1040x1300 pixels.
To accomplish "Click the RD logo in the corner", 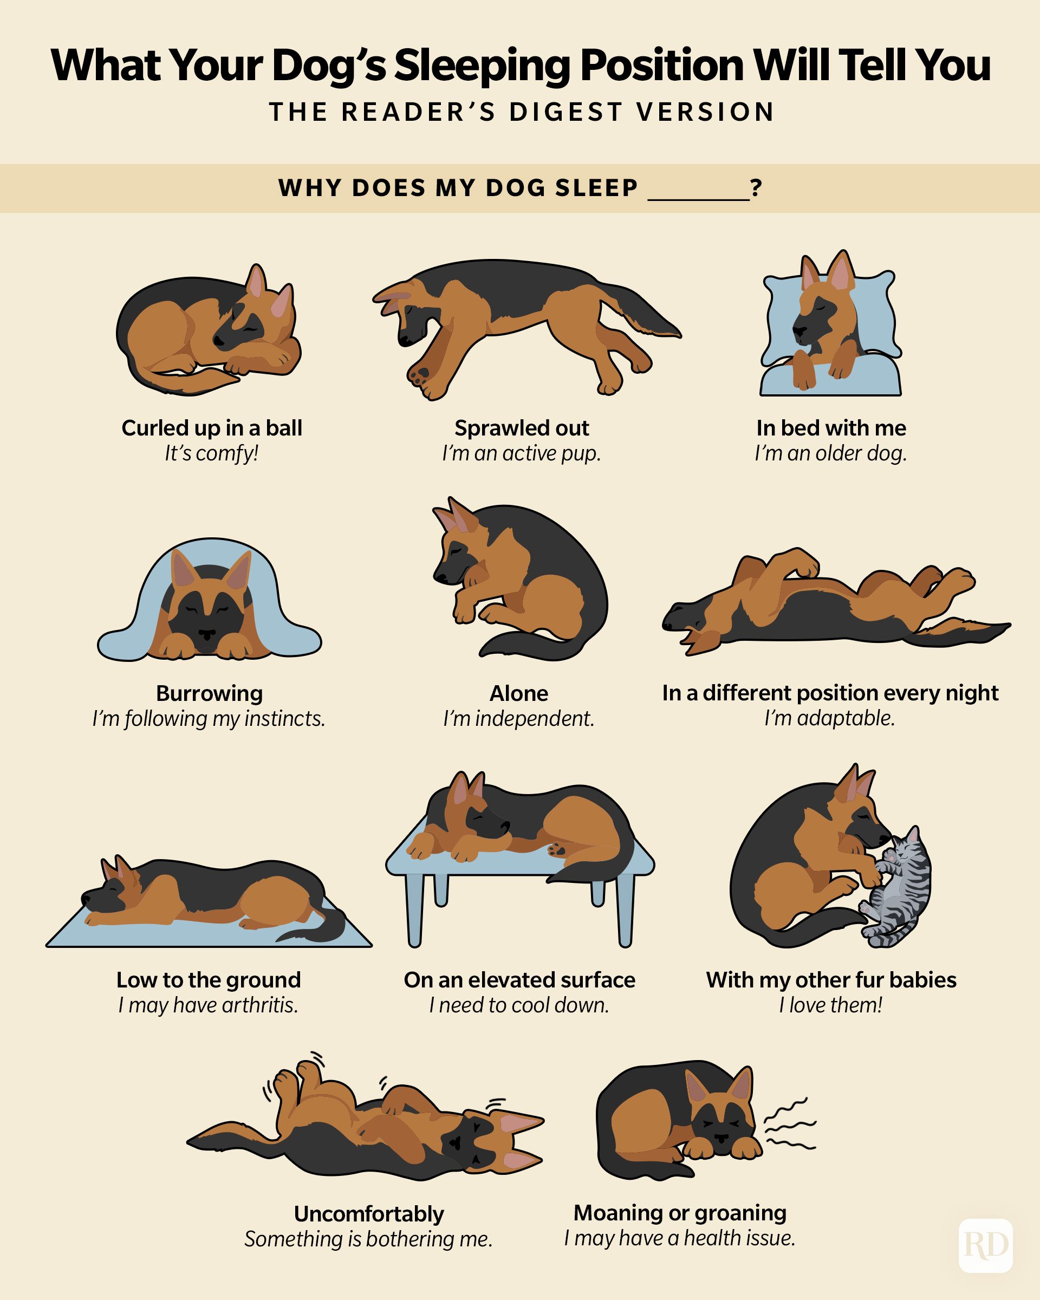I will point(985,1245).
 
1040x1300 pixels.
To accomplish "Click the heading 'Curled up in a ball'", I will point(212,427).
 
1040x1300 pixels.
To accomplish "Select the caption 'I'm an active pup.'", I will point(522,453).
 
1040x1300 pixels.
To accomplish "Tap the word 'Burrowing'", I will point(209,693).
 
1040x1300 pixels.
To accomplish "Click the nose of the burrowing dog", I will point(207,635).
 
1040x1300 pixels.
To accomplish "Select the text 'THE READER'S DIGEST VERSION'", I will point(522,112).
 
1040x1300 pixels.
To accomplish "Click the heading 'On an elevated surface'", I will point(519,980).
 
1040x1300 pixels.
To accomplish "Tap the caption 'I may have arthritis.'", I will point(208,1005).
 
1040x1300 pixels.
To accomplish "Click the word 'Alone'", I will point(518,693).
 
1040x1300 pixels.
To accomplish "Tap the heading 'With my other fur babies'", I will point(831,980).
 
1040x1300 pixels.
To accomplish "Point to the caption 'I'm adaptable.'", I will point(830,718).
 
